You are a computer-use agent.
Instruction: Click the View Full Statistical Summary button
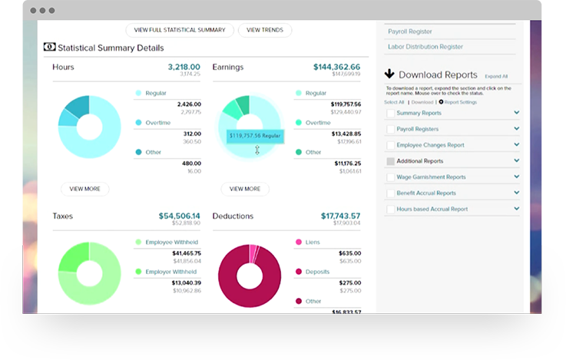[x=180, y=30]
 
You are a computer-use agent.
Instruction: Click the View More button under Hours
[x=84, y=189]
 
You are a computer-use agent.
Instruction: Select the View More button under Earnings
[x=245, y=189]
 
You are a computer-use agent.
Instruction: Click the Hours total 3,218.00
[x=184, y=67]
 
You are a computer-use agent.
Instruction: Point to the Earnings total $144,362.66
[x=336, y=67]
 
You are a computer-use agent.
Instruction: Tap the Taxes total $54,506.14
[x=179, y=216]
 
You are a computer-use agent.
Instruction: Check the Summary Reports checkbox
[x=390, y=114]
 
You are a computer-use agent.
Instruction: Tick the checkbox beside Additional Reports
[x=390, y=161]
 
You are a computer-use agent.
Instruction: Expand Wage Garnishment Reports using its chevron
[x=517, y=177]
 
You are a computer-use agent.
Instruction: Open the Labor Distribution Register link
[x=426, y=47]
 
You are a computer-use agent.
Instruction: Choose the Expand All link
[x=496, y=77]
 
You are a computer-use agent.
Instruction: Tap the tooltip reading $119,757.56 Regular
[x=256, y=136]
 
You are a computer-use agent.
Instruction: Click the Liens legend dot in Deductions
[x=299, y=242]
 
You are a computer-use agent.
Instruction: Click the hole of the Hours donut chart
[x=89, y=126]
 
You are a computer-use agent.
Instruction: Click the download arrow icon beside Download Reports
[x=389, y=74]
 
